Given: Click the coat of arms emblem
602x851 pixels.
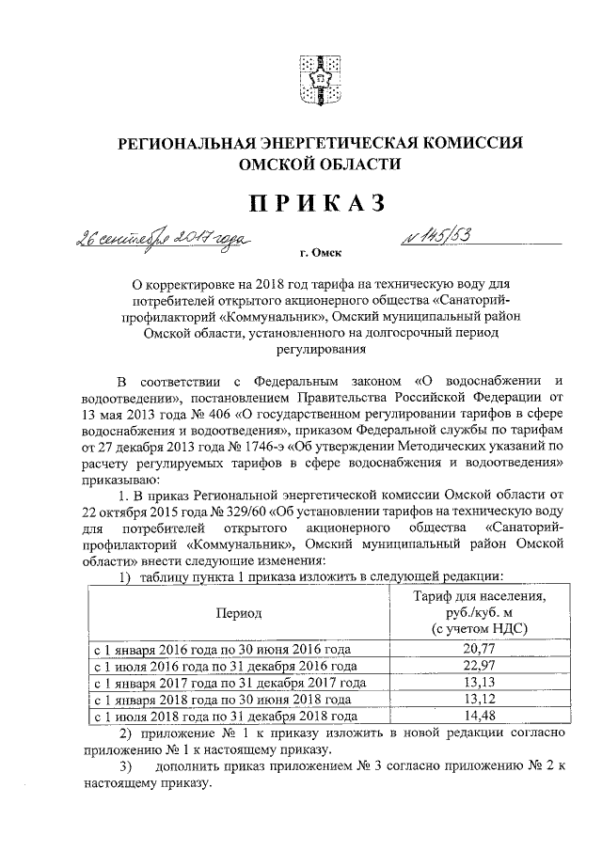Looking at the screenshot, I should pos(307,81).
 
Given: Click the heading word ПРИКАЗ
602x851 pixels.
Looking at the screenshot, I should pos(307,202).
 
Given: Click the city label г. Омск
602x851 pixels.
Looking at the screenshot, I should pos(320,253).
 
